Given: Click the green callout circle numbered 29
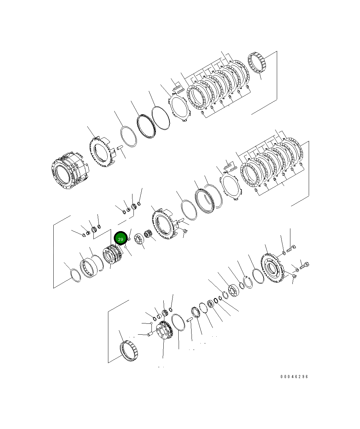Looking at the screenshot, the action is tap(121, 238).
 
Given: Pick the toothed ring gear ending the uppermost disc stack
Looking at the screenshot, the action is tap(257, 63).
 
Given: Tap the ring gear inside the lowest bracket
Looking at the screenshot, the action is tap(129, 351).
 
